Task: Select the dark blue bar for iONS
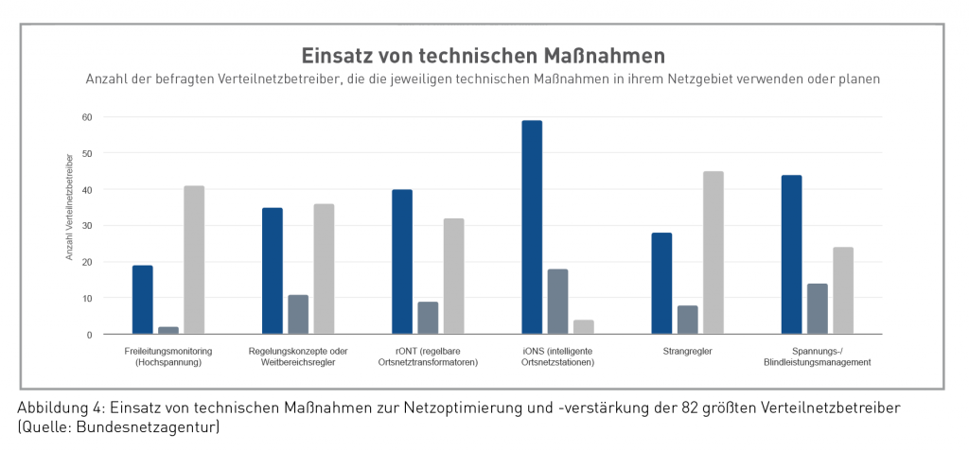[x=532, y=227]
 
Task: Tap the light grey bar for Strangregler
[x=714, y=252]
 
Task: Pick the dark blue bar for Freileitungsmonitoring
[x=143, y=300]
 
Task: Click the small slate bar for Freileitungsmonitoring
[x=168, y=330]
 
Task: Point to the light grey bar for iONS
[x=584, y=326]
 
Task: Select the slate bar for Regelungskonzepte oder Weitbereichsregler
[x=298, y=314]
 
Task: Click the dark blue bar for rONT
[x=402, y=262]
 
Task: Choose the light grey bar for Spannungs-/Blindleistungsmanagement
[x=843, y=290]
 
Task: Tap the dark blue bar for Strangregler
[x=661, y=283]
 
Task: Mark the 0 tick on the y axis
[x=89, y=335]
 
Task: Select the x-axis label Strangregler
[x=688, y=352]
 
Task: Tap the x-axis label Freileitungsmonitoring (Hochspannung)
[x=168, y=357]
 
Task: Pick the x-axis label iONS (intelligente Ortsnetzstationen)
[x=558, y=357]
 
